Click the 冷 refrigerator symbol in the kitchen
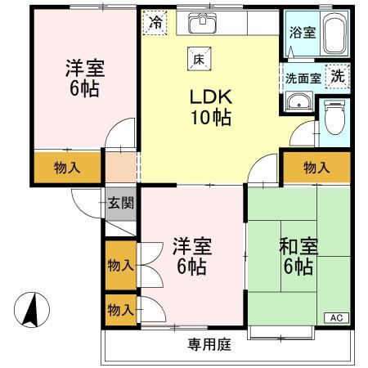pyautogui.click(x=154, y=23)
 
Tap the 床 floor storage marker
pyautogui.click(x=198, y=59)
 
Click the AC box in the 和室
pyautogui.click(x=336, y=317)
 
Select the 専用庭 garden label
pyautogui.click(x=206, y=344)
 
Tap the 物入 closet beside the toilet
pyautogui.click(x=316, y=168)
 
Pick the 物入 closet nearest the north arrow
pyautogui.click(x=119, y=310)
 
